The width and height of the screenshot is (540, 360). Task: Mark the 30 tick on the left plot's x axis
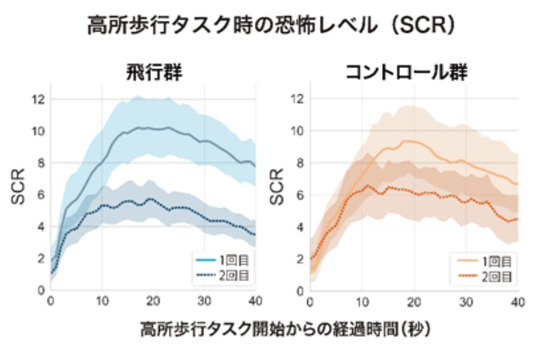point(204,301)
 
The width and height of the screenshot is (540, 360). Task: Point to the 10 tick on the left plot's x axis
point(102,301)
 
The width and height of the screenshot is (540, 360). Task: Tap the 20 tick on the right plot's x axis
point(414,301)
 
